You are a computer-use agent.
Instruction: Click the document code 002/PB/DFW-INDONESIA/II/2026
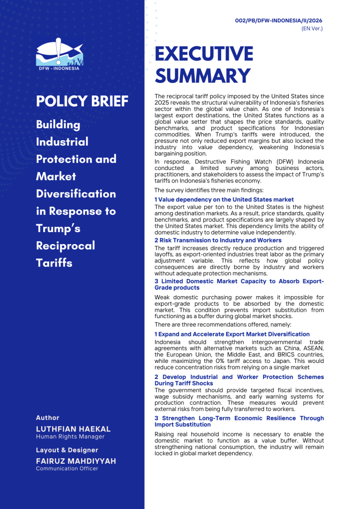click(x=279, y=20)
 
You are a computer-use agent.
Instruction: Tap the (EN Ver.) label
click(x=312, y=29)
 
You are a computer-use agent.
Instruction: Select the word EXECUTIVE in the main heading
click(x=204, y=54)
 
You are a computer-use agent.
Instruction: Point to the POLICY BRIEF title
click(x=82, y=101)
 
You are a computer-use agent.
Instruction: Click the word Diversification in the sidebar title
click(x=76, y=194)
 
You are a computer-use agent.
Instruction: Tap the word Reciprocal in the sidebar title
click(x=66, y=246)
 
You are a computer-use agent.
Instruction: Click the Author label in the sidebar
click(x=48, y=418)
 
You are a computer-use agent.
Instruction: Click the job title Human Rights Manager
click(x=70, y=436)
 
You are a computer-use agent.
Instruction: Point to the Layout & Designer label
click(x=67, y=450)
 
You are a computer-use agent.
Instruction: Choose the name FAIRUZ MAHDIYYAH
click(x=76, y=461)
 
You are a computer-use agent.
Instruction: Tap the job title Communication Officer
click(x=67, y=468)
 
